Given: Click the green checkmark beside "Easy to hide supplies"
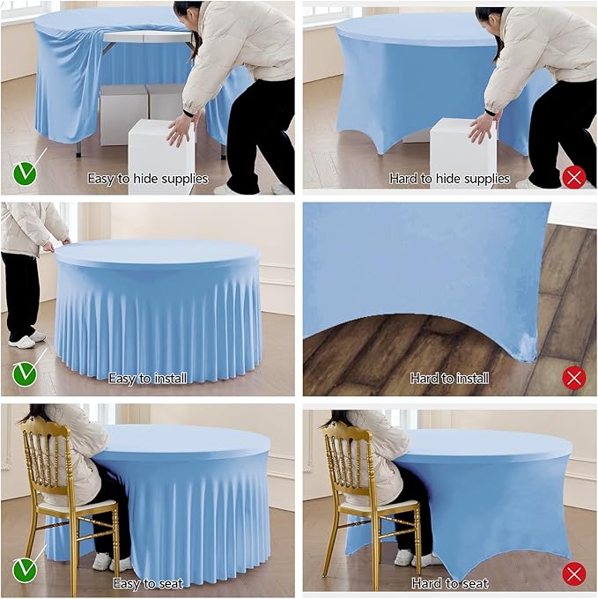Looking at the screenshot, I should click(25, 174).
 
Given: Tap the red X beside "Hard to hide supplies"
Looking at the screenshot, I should click(573, 177).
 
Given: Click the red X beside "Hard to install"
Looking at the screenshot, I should click(573, 378).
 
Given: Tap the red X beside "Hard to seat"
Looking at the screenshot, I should click(573, 575).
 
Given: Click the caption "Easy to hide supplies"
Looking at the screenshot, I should click(147, 179).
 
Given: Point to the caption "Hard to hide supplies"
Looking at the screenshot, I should click(449, 179).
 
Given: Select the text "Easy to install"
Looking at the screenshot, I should click(147, 379).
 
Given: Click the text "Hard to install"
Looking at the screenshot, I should click(449, 379).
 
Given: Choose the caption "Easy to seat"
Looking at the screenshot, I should click(147, 583).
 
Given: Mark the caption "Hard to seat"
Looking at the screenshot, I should click(449, 583).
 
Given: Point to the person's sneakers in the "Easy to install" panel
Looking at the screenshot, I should click(25, 339).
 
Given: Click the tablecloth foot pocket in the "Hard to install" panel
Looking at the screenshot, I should click(528, 348).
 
